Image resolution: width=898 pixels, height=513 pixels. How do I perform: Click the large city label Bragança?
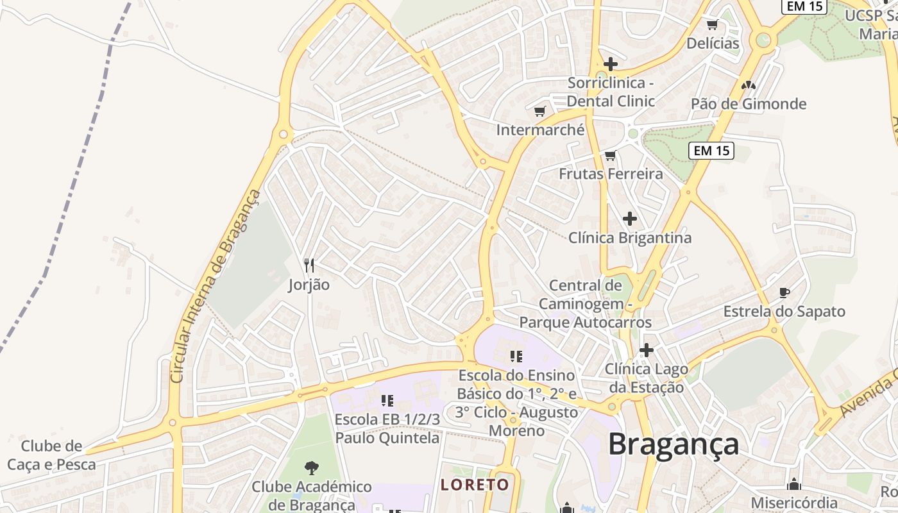pyautogui.click(x=673, y=444)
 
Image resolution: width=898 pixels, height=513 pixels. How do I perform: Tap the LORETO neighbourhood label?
pyautogui.click(x=475, y=485)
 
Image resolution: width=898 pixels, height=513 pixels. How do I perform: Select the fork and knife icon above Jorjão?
pyautogui.click(x=309, y=265)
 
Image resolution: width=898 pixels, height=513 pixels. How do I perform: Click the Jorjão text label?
pyautogui.click(x=309, y=285)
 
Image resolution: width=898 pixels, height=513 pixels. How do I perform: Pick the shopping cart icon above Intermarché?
pyautogui.click(x=540, y=112)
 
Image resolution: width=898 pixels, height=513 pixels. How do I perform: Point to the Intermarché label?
pyautogui.click(x=540, y=130)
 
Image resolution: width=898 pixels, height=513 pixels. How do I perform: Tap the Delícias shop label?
pyautogui.click(x=713, y=44)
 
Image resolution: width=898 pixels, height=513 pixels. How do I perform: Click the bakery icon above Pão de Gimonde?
pyautogui.click(x=748, y=85)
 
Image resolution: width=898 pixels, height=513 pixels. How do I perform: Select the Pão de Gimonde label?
pyautogui.click(x=748, y=104)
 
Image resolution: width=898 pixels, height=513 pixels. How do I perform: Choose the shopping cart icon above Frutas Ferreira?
pyautogui.click(x=610, y=155)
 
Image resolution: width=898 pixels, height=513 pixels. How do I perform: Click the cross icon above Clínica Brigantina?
pyautogui.click(x=630, y=219)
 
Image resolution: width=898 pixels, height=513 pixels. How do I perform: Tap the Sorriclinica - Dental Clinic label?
pyautogui.click(x=610, y=92)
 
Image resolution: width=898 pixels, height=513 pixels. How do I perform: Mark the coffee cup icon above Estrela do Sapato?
pyautogui.click(x=784, y=293)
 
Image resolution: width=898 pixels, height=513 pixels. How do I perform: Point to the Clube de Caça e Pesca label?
pyautogui.click(x=51, y=455)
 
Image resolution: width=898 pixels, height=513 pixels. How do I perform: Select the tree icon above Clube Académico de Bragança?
pyautogui.click(x=312, y=467)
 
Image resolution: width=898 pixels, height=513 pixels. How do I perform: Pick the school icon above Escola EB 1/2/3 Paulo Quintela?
pyautogui.click(x=387, y=401)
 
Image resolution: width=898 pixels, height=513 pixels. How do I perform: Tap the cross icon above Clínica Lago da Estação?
pyautogui.click(x=646, y=350)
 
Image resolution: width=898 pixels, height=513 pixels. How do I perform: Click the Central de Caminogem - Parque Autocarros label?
pyautogui.click(x=585, y=304)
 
